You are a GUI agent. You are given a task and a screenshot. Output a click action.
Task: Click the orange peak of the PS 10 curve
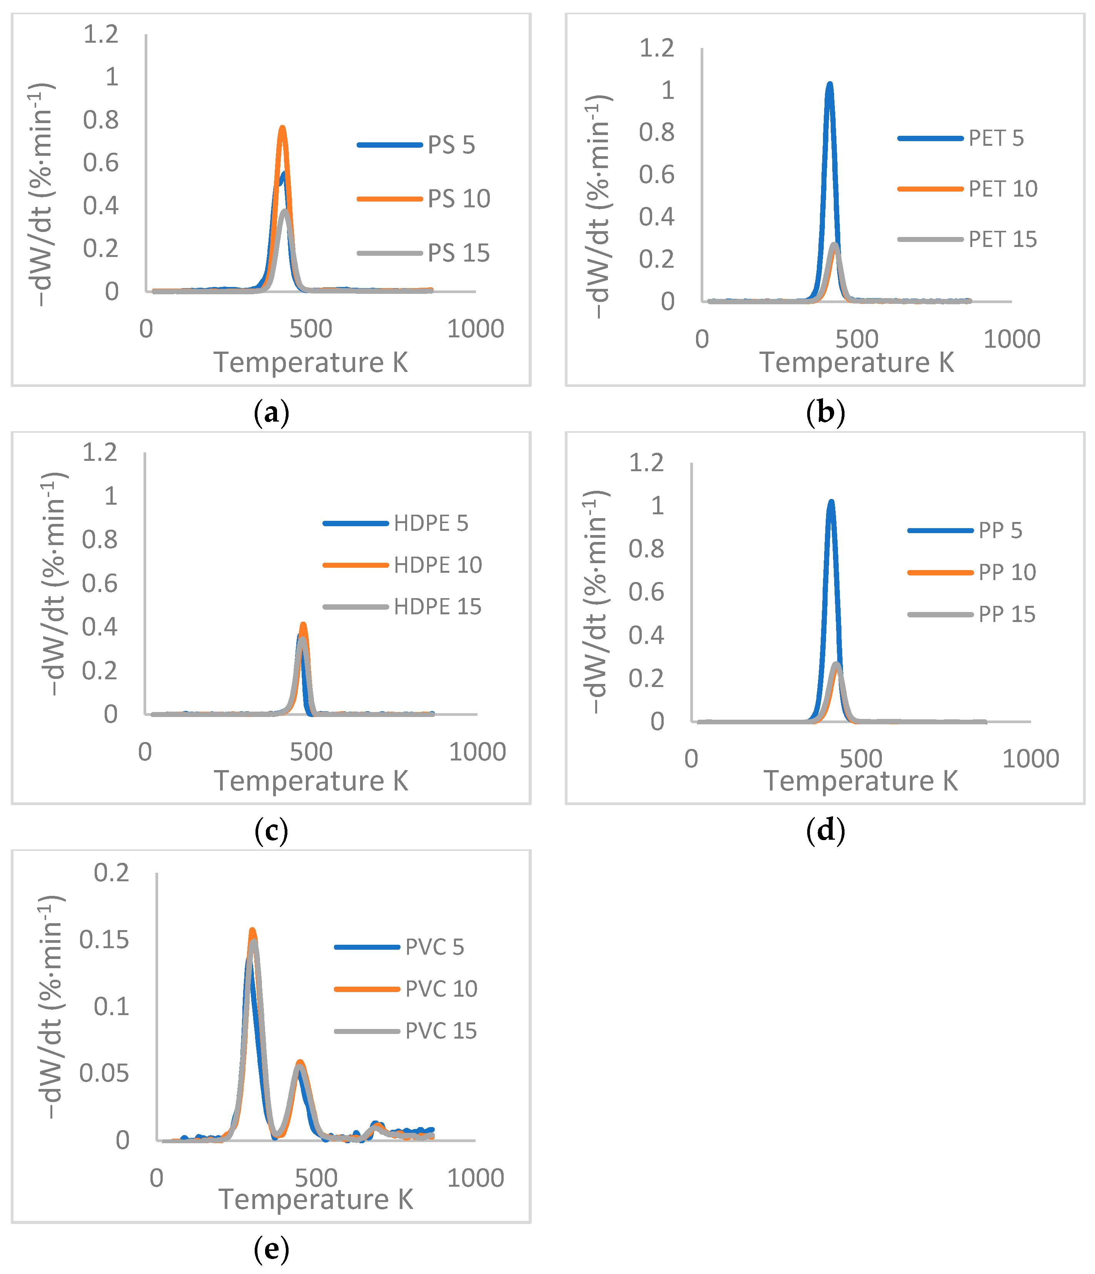(282, 128)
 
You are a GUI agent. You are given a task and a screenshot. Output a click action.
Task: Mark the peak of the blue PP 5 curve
(831, 502)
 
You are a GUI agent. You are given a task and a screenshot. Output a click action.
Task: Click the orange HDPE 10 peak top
(303, 625)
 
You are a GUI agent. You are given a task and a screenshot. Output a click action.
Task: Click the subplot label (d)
(825, 831)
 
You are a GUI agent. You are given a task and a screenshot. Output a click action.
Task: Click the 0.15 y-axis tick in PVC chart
(104, 939)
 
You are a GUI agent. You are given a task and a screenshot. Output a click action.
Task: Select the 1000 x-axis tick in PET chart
(1012, 339)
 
